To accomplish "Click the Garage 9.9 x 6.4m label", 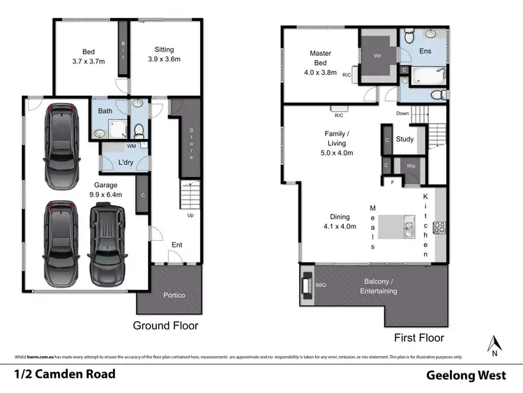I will tap(107, 190).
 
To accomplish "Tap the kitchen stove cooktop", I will tap(439, 228).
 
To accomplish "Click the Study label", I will tap(404, 139).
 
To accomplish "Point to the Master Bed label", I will tap(320, 63).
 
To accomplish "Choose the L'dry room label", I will tap(126, 163).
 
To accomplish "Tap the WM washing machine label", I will tap(131, 146).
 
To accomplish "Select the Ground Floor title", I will tap(166, 325).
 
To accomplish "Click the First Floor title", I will tap(419, 338).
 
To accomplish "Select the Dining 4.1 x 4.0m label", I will tap(340, 221).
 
